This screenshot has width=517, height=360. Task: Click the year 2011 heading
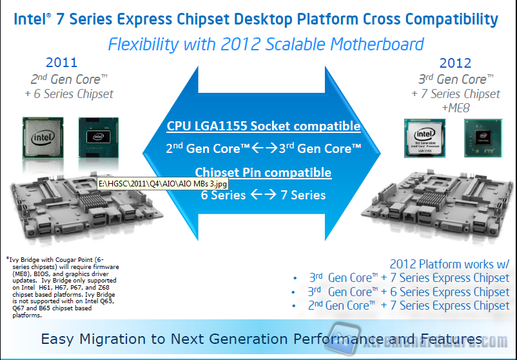point(61,63)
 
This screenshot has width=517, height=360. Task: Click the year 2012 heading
point(455,63)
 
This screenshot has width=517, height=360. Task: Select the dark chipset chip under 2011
point(97,137)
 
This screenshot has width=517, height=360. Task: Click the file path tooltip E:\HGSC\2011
point(161,185)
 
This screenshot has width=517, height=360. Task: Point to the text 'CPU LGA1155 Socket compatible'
point(263,126)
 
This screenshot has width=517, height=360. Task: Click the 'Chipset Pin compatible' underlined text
point(263,172)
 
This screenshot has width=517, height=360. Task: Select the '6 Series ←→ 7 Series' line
point(263,195)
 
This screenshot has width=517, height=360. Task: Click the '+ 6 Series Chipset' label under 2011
point(71,94)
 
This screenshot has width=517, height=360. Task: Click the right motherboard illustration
point(438,206)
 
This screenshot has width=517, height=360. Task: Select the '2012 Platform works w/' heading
point(449,264)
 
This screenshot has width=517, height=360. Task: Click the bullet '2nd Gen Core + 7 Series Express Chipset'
point(408,306)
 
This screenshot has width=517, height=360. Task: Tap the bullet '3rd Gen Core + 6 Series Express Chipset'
point(408,292)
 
